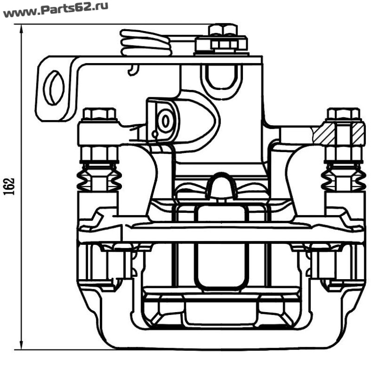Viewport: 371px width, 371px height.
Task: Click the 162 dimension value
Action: tap(10, 186)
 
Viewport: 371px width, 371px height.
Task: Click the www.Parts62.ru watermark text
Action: tap(56, 10)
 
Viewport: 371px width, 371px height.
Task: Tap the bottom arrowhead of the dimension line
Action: tap(21, 344)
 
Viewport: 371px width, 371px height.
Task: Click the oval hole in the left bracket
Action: tap(55, 88)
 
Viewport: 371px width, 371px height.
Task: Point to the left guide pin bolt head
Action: tap(99, 114)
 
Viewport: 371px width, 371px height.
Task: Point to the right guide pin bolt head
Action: tap(344, 114)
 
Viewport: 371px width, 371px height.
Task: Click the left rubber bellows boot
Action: tap(99, 177)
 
